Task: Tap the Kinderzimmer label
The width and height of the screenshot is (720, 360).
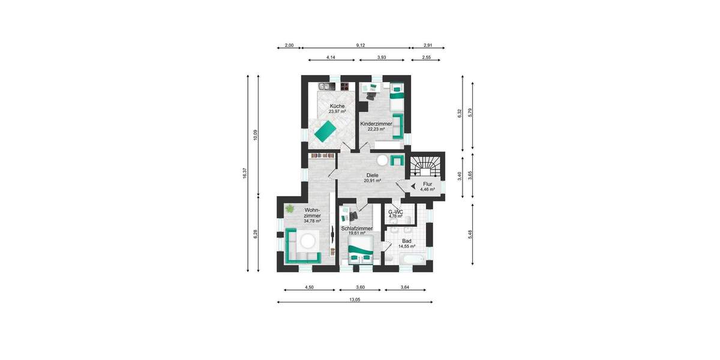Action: click(x=376, y=124)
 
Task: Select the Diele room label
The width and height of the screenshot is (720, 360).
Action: click(x=372, y=175)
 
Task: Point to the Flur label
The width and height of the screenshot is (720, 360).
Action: click(x=427, y=184)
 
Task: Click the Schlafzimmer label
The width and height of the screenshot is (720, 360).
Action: click(x=357, y=229)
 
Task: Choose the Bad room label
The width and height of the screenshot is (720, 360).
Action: click(x=407, y=241)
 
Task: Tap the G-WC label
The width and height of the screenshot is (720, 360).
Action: click(x=395, y=212)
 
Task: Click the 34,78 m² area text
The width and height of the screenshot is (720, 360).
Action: click(x=312, y=221)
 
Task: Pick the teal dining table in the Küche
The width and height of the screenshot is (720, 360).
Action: click(x=323, y=130)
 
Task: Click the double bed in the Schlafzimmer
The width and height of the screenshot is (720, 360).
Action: click(x=361, y=250)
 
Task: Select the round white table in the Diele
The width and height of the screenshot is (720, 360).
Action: click(x=382, y=160)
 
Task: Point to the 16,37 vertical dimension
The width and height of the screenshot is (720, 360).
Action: click(x=245, y=173)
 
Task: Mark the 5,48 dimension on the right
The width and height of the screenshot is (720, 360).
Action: click(x=470, y=233)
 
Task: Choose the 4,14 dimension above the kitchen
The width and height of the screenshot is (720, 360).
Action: click(x=331, y=57)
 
